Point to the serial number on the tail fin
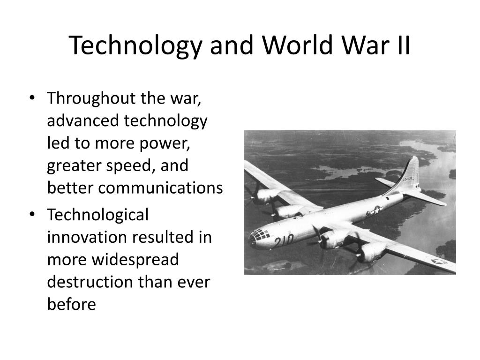tap(409, 180)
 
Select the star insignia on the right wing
tap(439, 261)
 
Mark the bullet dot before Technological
tap(31, 216)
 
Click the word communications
tap(135, 188)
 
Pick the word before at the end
tap(71, 305)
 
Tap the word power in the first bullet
tap(165, 143)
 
